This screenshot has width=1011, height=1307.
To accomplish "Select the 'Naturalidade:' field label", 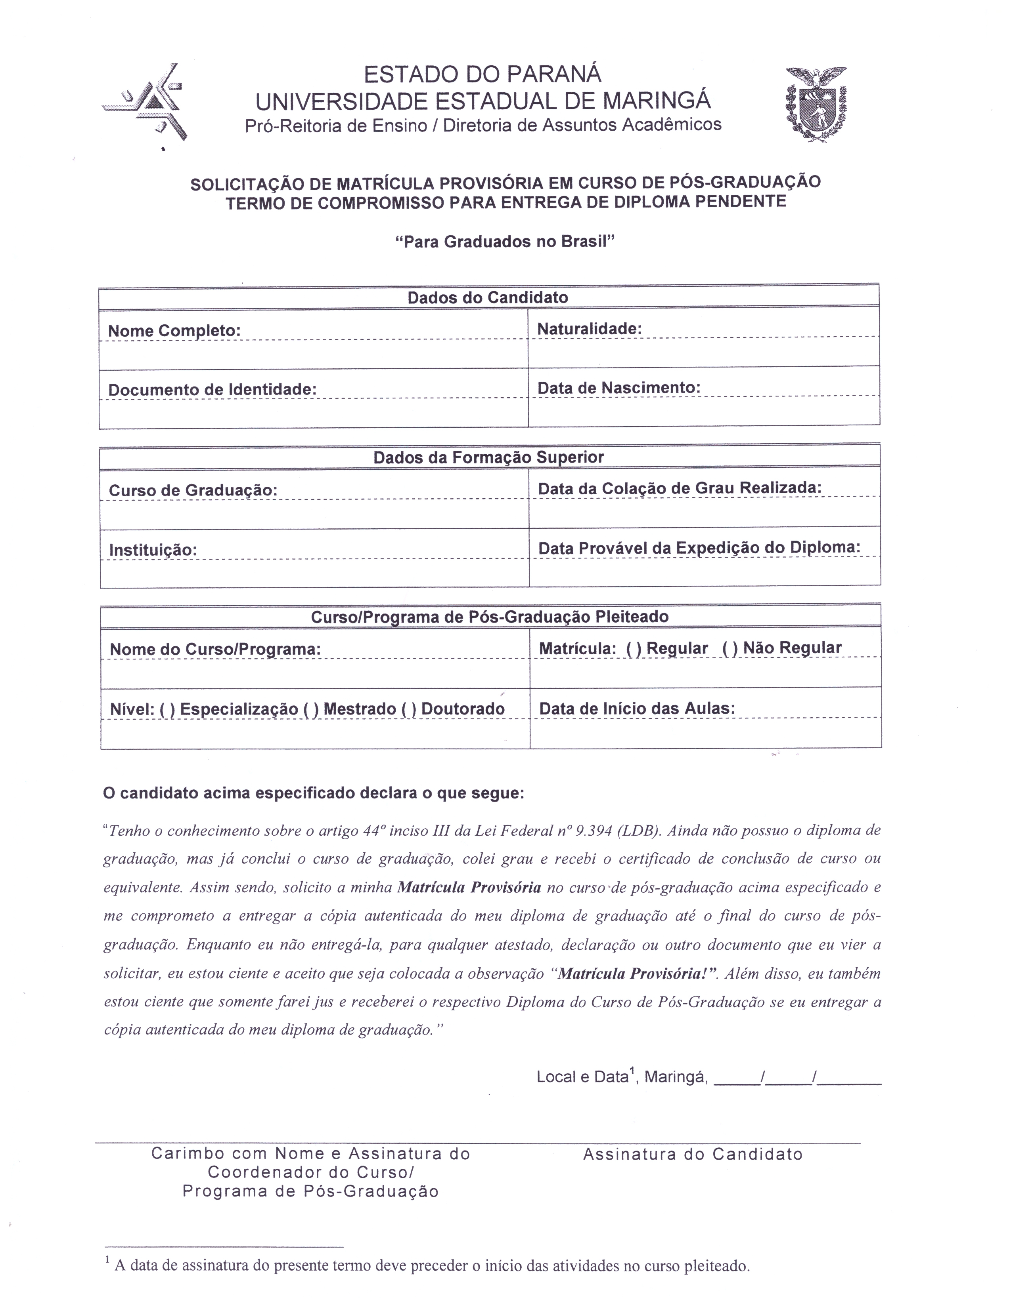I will click(589, 329).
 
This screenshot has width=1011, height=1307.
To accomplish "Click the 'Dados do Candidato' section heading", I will click(488, 297).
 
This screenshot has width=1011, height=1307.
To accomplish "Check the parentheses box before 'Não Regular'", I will click(730, 648).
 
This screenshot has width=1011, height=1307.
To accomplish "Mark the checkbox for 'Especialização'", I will click(168, 709).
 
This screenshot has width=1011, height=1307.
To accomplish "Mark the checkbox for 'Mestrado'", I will click(311, 709).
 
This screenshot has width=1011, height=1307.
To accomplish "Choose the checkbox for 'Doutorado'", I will click(409, 709).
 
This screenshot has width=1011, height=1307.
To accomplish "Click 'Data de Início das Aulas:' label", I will click(637, 709).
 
